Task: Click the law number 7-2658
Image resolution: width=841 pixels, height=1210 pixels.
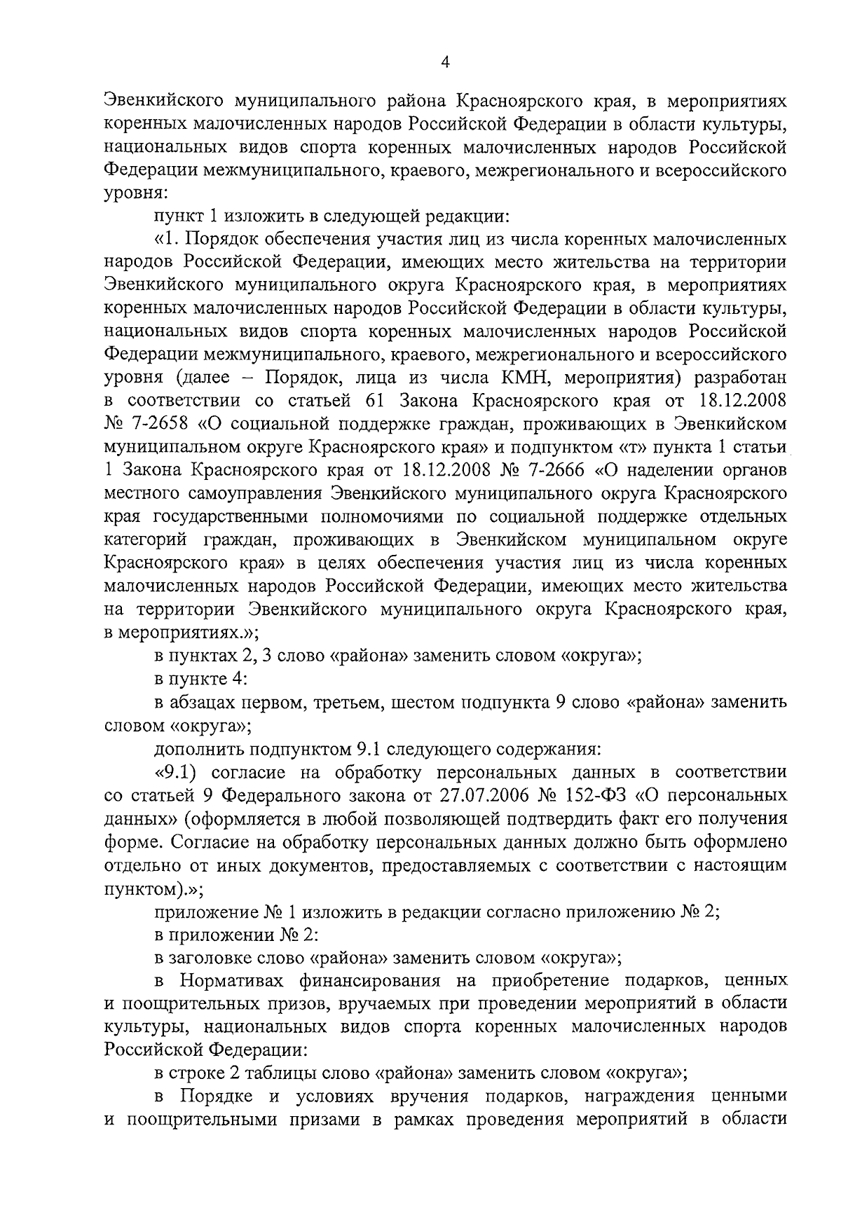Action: (162, 424)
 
